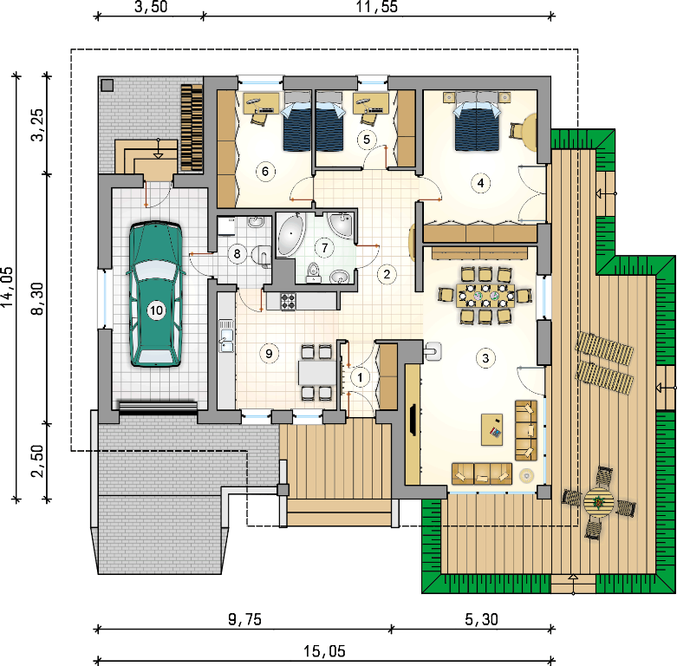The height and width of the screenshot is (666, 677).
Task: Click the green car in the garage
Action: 156,295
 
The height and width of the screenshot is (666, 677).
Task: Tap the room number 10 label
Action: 156,310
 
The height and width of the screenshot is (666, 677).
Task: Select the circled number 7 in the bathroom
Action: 325,248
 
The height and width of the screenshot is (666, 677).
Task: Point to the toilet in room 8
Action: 262,255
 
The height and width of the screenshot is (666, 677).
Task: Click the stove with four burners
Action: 289,302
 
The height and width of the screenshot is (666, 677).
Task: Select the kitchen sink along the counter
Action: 225,336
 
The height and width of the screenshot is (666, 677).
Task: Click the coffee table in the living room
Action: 491,429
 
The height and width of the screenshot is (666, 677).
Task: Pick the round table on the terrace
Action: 599,502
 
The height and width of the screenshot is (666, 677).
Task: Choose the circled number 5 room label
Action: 367,140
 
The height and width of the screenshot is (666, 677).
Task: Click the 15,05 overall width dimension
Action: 325,651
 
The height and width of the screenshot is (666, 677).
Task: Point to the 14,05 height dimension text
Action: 7,286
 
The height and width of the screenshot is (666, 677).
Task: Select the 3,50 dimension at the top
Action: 151,7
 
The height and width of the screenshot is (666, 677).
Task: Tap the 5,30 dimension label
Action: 481,619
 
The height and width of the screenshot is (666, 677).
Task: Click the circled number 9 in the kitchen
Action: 269,354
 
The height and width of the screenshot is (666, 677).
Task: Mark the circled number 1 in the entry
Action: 360,377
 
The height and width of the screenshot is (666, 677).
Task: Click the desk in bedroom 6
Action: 261,103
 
